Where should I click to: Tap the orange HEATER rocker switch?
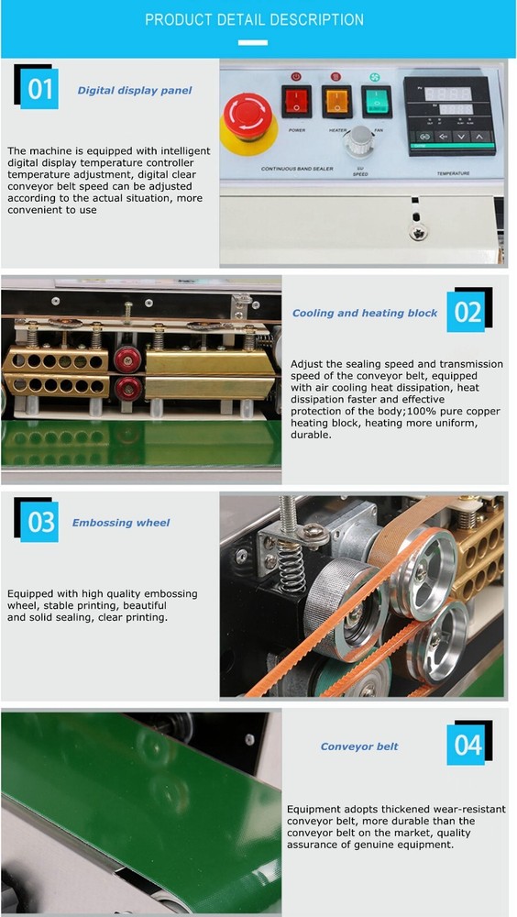point(336,101)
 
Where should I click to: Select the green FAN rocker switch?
point(377,100)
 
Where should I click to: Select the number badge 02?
point(467,312)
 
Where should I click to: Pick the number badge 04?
point(467,745)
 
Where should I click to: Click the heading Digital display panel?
point(135,91)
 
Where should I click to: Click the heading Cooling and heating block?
point(365,314)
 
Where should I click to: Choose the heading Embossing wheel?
point(121,523)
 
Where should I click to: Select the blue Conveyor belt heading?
point(359,746)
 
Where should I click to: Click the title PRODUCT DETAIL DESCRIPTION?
point(254,20)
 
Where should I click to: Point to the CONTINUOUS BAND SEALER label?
point(270,169)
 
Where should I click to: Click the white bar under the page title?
point(258,41)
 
